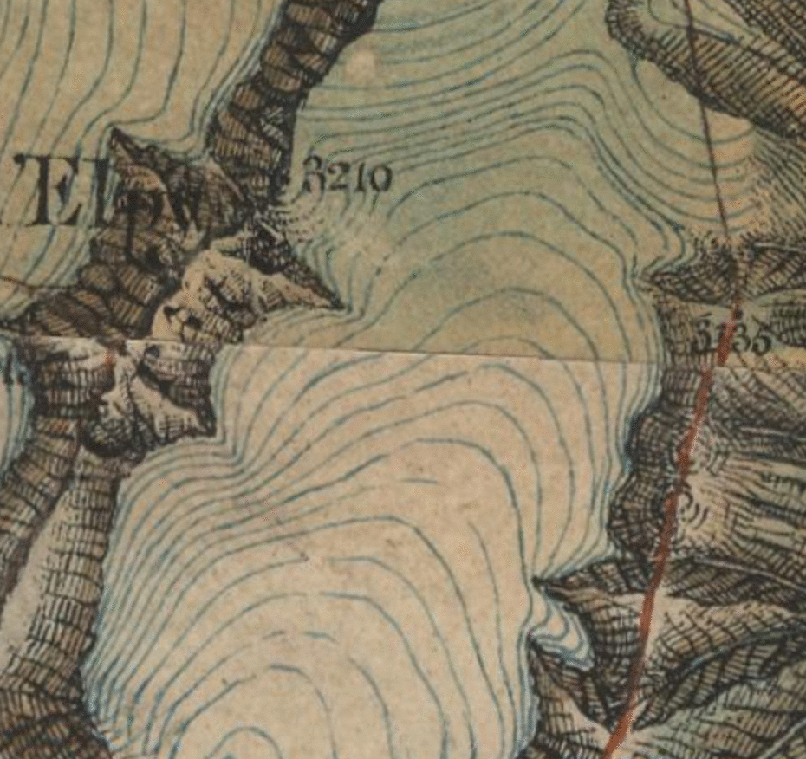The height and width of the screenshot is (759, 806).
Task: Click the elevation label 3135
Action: [732, 338]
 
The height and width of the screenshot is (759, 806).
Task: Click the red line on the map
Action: [667, 520]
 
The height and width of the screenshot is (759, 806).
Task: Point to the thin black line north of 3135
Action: [711, 130]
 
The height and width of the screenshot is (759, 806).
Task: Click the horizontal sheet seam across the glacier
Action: [433, 354]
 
